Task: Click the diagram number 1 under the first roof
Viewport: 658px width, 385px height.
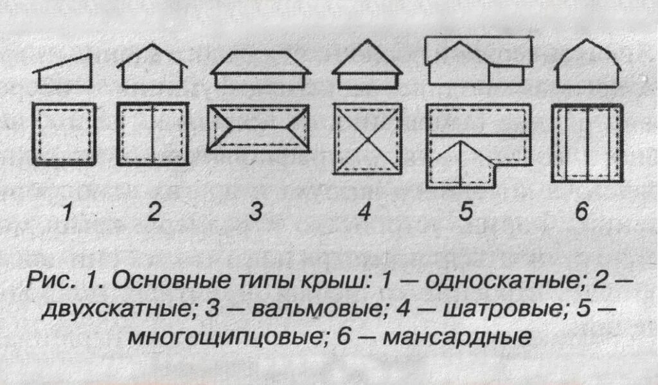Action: point(67,211)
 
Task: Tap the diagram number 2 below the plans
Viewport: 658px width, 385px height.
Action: point(154,211)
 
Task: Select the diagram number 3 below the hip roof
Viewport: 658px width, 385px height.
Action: point(256,211)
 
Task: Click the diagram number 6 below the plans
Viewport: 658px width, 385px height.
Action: point(582,211)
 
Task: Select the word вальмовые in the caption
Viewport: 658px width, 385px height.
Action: point(314,309)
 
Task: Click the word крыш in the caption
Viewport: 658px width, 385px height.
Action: point(335,281)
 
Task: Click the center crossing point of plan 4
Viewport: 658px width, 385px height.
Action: point(368,139)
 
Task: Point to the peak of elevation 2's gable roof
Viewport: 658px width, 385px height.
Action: point(152,46)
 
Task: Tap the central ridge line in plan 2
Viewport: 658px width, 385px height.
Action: point(152,134)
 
